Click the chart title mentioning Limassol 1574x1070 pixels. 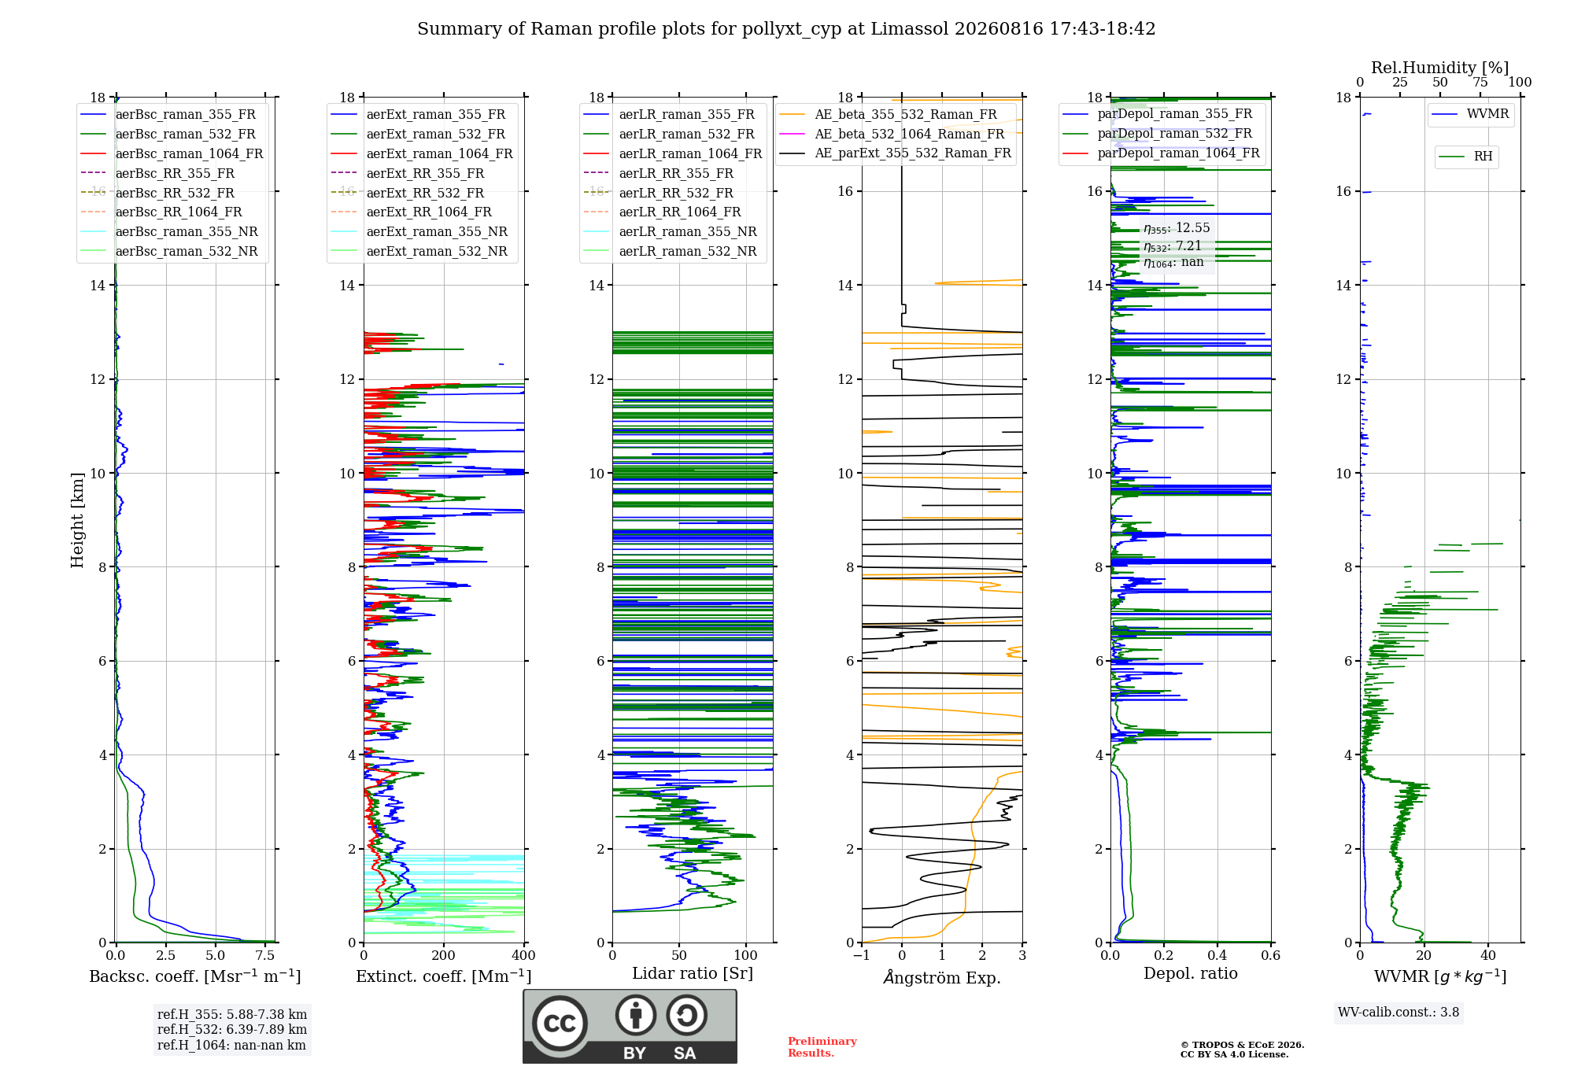786,29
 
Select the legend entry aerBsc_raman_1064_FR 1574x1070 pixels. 189,153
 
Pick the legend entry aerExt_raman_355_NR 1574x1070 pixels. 437,231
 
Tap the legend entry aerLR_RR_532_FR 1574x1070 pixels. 676,193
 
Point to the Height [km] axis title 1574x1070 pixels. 77,520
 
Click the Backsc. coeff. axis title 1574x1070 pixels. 195,976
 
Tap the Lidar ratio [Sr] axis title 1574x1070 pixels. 693,974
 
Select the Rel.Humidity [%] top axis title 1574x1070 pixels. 1440,68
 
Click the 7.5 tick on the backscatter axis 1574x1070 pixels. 265,955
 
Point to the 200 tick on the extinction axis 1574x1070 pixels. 443,955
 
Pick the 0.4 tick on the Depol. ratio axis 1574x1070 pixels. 1217,955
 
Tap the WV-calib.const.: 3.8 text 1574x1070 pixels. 1398,1013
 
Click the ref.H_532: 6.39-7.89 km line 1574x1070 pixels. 232,1029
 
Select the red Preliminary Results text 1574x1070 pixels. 822,1047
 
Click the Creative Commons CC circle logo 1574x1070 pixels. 560,1024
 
